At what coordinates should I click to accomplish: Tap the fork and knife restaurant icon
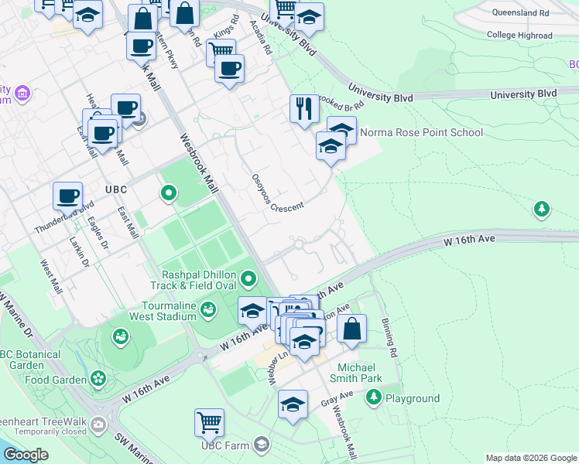[304, 108]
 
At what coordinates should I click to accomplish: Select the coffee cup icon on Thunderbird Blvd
[68, 196]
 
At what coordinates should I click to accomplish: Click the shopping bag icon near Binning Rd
[351, 328]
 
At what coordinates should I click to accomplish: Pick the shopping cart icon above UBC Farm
[209, 422]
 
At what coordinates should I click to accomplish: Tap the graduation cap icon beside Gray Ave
[293, 404]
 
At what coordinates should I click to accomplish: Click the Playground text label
[413, 399]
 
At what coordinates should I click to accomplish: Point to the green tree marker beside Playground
[374, 397]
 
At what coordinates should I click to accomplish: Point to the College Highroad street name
[519, 35]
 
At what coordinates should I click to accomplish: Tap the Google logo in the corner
[26, 455]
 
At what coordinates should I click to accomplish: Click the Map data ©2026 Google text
[531, 458]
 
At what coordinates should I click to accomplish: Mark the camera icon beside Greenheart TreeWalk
[98, 424]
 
